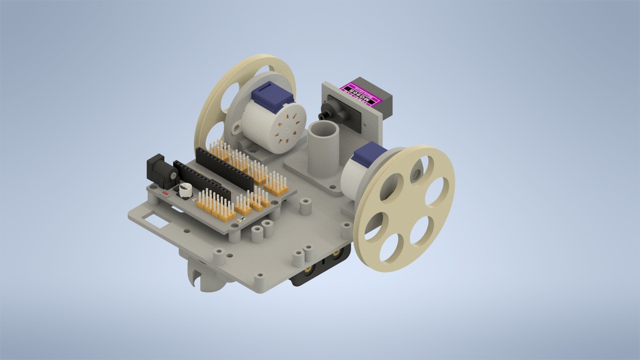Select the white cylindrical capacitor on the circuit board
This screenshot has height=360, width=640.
point(186,190)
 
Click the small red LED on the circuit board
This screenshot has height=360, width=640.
point(166,194)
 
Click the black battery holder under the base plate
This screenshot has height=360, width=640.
point(316,269)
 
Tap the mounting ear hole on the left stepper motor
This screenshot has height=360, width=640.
point(237,129)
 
